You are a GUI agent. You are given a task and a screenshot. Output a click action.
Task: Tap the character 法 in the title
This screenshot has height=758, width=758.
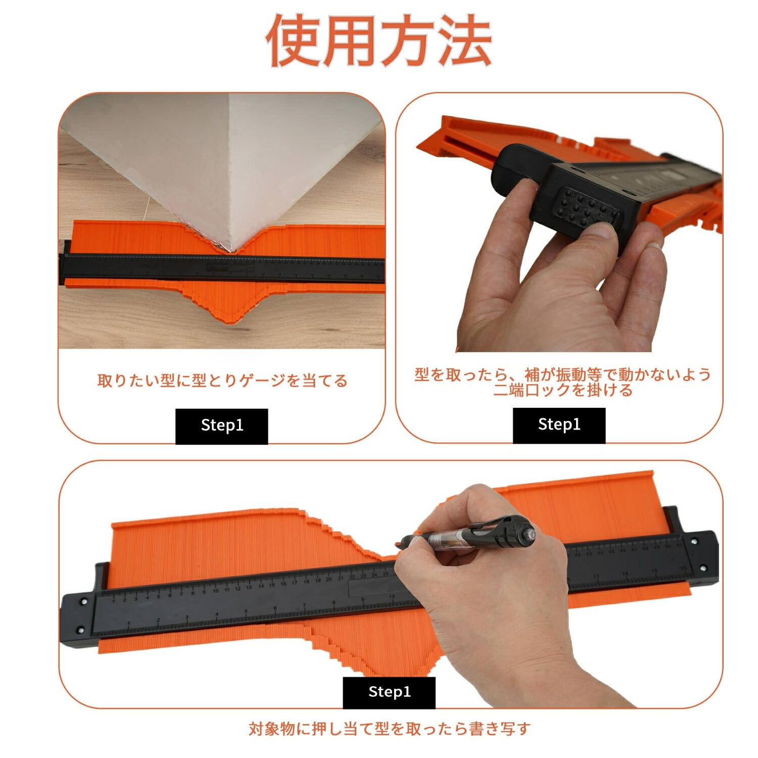coord(464,40)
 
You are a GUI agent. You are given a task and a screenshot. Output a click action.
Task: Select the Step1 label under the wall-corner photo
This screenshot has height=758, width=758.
coord(222,426)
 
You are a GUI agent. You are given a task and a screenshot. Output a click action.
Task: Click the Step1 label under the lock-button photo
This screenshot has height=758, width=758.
coord(559,425)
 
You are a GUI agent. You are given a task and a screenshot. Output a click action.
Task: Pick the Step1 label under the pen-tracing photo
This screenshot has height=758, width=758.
coord(389,692)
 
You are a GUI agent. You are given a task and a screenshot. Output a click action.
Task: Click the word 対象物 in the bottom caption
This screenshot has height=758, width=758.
coord(272,729)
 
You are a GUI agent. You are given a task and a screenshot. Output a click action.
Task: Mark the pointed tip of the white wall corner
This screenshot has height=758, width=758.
coord(233,251)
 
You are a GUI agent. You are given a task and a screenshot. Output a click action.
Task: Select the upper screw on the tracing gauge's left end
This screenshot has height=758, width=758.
coord(82,602)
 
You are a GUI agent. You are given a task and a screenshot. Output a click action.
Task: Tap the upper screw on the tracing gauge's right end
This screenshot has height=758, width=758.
coord(693,542)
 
